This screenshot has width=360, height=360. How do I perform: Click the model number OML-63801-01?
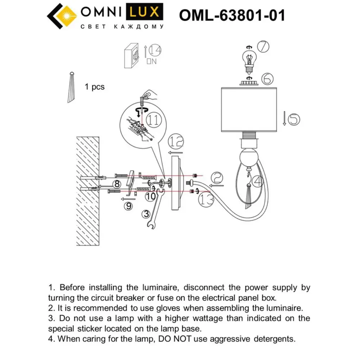[232, 15]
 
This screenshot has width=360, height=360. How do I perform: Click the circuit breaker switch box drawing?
[131, 56]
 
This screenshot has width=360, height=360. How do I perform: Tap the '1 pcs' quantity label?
[95, 87]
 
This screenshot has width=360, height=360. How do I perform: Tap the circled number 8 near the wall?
[116, 184]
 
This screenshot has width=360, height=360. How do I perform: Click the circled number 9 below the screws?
[128, 206]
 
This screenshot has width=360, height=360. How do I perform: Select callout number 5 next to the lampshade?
[293, 119]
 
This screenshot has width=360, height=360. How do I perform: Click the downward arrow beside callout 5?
[284, 118]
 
